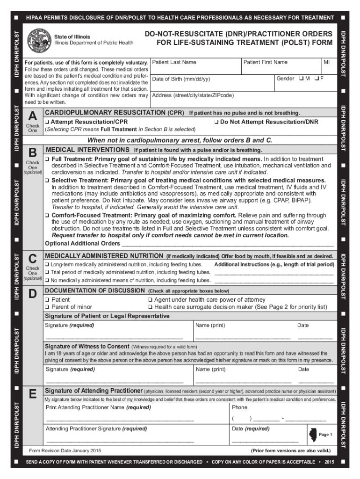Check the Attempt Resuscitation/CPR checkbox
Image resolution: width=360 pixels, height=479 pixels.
[47, 122]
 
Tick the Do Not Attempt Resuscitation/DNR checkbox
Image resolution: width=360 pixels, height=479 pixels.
[216, 122]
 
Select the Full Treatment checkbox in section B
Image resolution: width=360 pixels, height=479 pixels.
[47, 160]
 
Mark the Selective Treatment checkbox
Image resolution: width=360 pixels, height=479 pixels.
[47, 181]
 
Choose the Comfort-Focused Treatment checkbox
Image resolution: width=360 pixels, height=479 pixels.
[47, 216]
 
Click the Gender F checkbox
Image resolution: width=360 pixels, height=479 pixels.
[316, 78]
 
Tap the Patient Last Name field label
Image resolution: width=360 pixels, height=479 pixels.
[174, 62]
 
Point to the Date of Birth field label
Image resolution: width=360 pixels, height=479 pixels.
[181, 79]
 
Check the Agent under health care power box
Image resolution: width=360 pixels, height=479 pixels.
[150, 300]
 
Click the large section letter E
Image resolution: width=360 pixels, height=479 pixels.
[32, 395]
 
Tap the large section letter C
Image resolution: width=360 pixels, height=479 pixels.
[32, 259]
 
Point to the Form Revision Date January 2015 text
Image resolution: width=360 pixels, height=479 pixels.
[65, 450]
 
